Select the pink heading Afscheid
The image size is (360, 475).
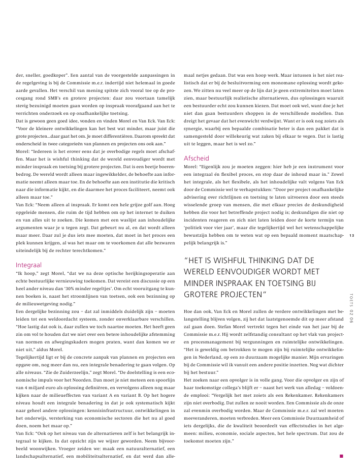click(195, 157)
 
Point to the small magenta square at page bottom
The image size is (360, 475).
click(342, 456)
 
